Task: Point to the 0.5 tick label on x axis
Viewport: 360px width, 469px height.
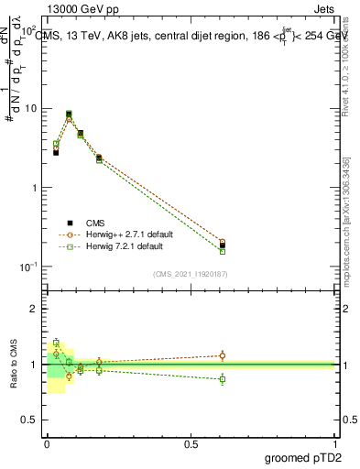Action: point(191,444)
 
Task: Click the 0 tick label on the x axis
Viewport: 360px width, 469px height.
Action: point(47,444)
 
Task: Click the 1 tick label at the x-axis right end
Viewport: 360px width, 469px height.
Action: point(336,444)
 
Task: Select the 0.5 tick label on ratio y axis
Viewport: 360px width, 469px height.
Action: point(29,420)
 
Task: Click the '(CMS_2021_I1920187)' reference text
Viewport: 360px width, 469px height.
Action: point(191,274)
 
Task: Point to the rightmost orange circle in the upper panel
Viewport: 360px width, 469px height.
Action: point(223,243)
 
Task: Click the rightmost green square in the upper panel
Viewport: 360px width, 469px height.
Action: point(223,251)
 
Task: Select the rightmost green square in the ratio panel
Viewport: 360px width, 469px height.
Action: point(223,378)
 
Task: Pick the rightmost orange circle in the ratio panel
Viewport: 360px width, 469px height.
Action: point(223,355)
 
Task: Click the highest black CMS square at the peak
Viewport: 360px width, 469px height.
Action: point(69,115)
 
